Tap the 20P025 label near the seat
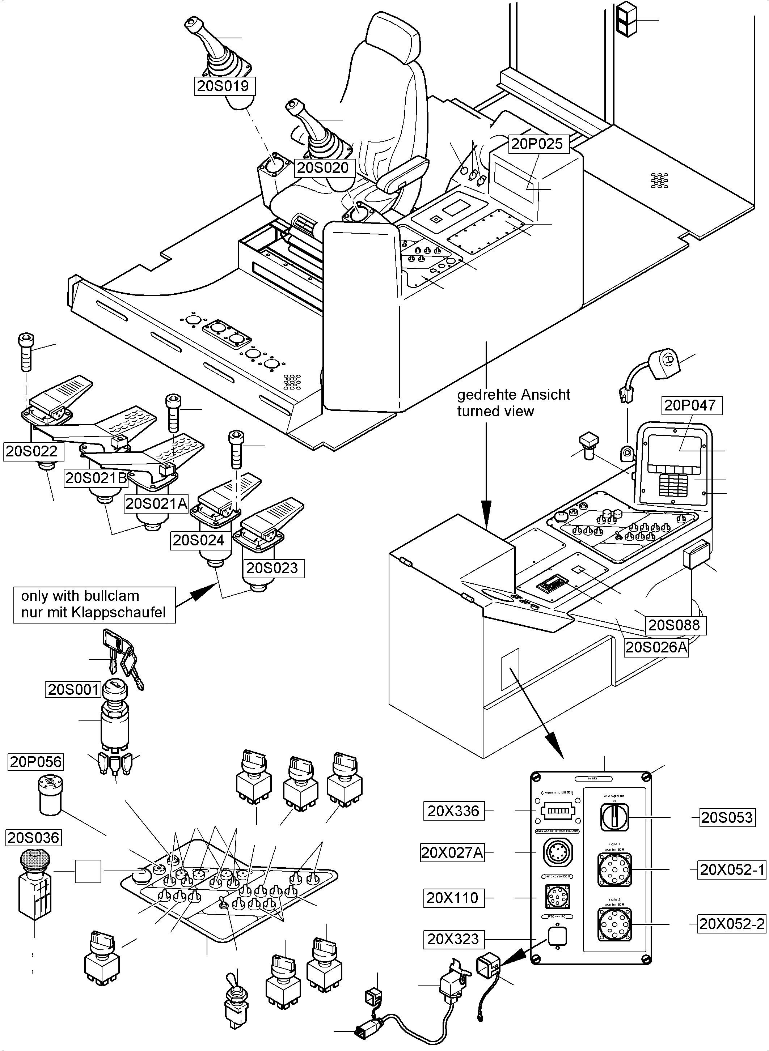click(x=537, y=144)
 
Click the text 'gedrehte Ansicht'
click(x=513, y=395)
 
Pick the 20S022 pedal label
click(x=31, y=451)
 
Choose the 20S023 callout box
click(x=272, y=568)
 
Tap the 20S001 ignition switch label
click(x=73, y=689)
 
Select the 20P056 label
click(x=36, y=762)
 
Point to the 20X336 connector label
click(x=453, y=811)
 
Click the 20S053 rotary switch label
click(x=727, y=817)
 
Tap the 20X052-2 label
click(x=732, y=924)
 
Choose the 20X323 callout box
click(x=453, y=939)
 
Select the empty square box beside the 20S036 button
click(x=88, y=871)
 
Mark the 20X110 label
click(x=452, y=897)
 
